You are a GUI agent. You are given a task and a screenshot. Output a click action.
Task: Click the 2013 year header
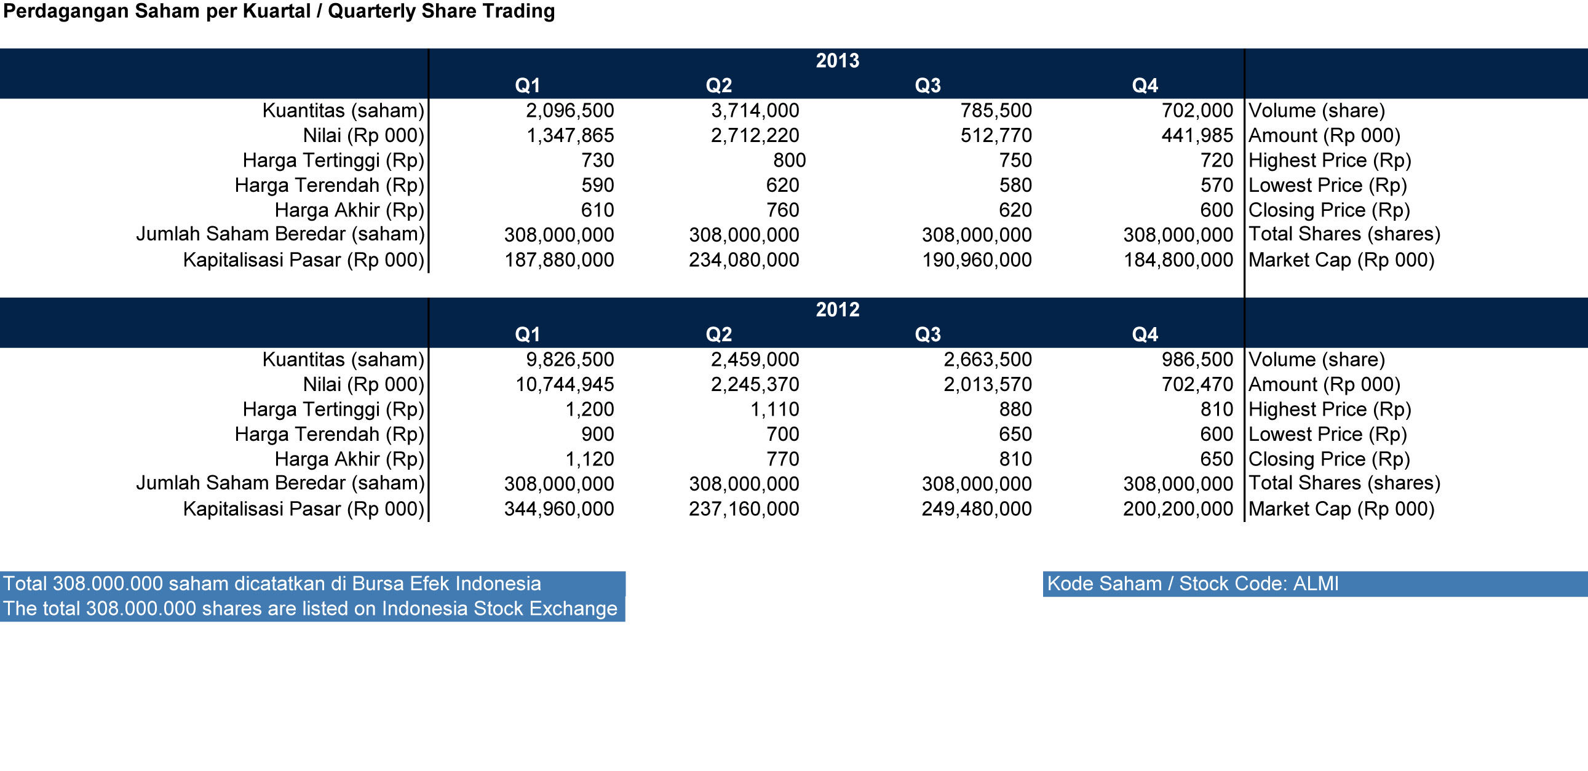(837, 60)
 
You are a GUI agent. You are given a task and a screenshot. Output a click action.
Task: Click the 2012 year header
(837, 309)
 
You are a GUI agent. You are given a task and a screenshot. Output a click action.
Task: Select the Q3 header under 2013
(928, 85)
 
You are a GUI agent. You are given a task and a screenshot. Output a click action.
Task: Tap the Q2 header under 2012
(719, 334)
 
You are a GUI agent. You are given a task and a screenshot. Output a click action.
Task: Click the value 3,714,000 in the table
(755, 110)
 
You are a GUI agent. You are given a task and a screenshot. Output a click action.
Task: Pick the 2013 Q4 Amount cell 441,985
(1197, 135)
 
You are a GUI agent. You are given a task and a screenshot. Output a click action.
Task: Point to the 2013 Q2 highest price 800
(789, 160)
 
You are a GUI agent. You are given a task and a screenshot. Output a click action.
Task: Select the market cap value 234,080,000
(744, 259)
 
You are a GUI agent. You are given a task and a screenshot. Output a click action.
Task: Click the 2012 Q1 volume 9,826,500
(570, 359)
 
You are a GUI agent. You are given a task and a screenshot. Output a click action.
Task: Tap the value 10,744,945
(565, 384)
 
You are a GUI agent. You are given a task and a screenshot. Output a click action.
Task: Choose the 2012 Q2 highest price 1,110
(774, 409)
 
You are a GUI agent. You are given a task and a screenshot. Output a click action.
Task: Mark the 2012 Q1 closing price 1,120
(589, 459)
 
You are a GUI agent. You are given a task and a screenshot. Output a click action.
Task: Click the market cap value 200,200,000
(1178, 508)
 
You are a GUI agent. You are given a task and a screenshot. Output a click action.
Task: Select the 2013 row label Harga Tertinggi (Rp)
(333, 160)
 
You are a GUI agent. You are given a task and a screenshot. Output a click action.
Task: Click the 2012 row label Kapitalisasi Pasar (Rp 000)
(304, 509)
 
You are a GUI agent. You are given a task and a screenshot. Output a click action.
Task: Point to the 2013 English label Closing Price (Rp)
(1329, 210)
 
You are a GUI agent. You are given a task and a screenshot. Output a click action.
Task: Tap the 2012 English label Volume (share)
(1317, 359)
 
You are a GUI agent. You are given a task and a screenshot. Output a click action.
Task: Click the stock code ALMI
(1316, 583)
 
